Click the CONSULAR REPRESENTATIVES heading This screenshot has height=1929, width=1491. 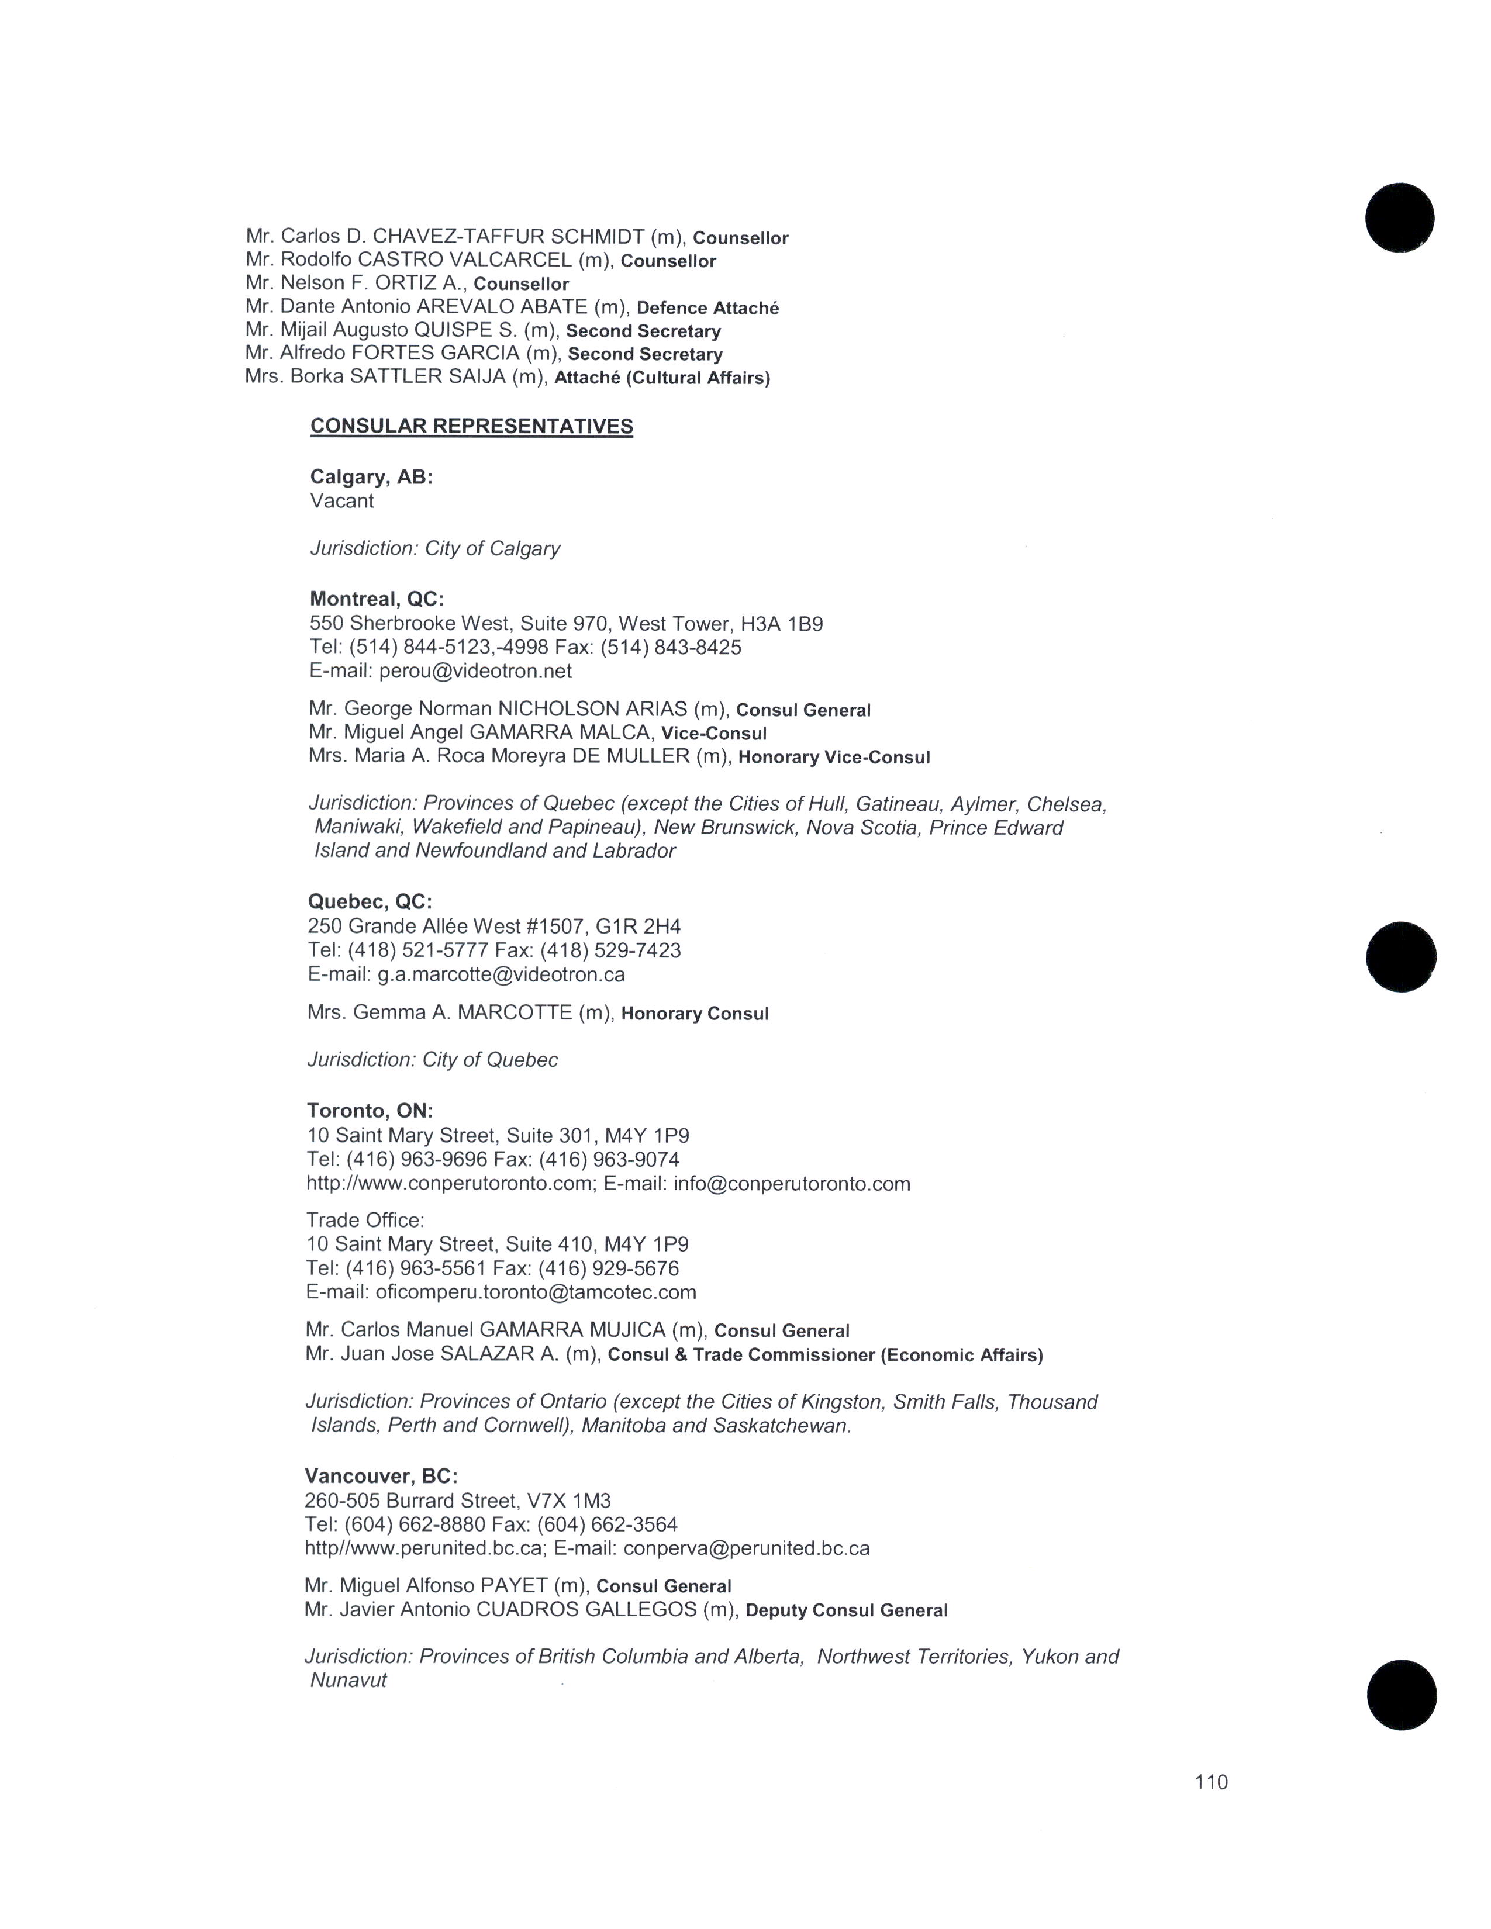(472, 427)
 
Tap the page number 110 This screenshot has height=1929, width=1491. (1211, 1782)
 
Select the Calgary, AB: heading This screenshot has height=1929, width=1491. (371, 477)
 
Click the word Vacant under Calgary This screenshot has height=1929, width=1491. (342, 501)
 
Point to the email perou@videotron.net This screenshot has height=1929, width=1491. (475, 671)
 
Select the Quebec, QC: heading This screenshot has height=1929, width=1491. (370, 902)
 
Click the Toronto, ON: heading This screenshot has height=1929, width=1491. (370, 1111)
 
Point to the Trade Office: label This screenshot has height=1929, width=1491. (365, 1221)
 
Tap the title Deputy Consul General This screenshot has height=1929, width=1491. (846, 1611)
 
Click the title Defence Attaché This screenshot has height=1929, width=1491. (707, 308)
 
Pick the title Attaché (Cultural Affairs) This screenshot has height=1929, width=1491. (661, 378)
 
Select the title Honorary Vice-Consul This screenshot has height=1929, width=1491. (834, 758)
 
